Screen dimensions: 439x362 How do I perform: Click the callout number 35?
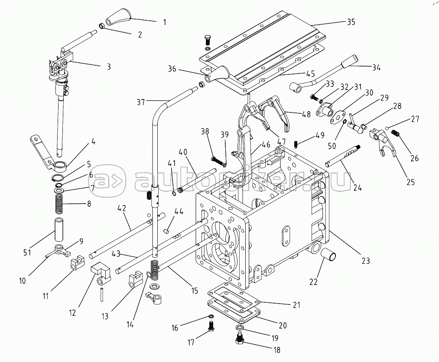[351, 22]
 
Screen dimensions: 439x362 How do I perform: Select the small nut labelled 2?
[102, 26]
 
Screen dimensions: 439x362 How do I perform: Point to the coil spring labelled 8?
[59, 203]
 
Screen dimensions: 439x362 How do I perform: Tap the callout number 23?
[366, 261]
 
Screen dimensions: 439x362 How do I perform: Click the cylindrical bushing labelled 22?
[329, 255]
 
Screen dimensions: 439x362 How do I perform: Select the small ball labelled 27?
[387, 128]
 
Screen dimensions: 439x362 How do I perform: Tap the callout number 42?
[122, 208]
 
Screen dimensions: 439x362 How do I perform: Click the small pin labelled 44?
[167, 231]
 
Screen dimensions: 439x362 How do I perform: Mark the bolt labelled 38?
[216, 160]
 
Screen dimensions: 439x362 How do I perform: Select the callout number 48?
[306, 114]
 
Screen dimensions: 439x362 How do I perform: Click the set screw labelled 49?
[296, 144]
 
